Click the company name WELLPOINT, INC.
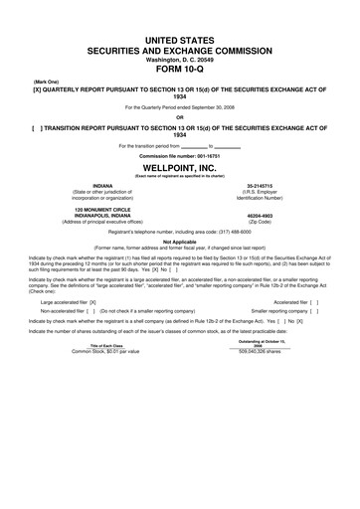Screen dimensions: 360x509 [x=180, y=167]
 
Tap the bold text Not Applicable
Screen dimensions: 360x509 [x=180, y=240]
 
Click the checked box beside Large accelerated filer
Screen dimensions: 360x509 [x=92, y=300]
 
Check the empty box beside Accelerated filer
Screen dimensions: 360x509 [x=313, y=300]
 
